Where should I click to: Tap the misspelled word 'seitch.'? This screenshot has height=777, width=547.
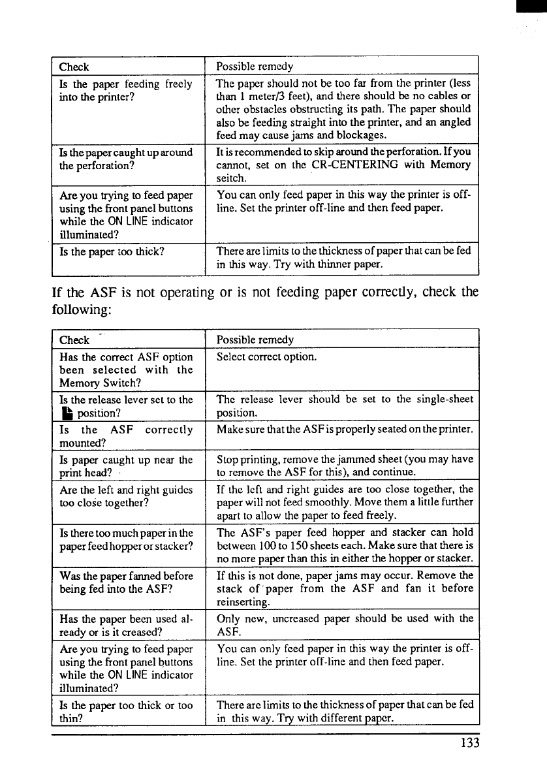231,178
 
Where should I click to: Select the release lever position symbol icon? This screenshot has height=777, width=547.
65,412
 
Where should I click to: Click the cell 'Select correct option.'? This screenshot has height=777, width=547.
266,357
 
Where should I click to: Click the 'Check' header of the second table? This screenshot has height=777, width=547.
74,340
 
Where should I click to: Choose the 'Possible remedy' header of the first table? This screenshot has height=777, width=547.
255,67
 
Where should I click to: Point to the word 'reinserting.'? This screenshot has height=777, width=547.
243,601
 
